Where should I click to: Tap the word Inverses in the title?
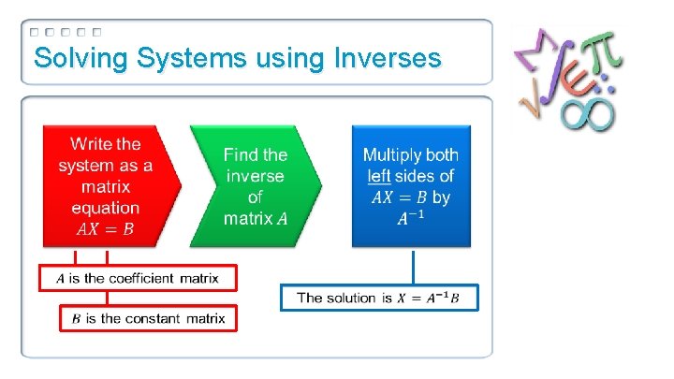click(386, 59)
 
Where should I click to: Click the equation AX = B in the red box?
click(105, 228)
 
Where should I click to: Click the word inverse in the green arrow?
click(255, 176)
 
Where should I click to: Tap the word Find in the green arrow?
click(240, 154)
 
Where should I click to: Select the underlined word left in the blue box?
click(384, 176)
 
